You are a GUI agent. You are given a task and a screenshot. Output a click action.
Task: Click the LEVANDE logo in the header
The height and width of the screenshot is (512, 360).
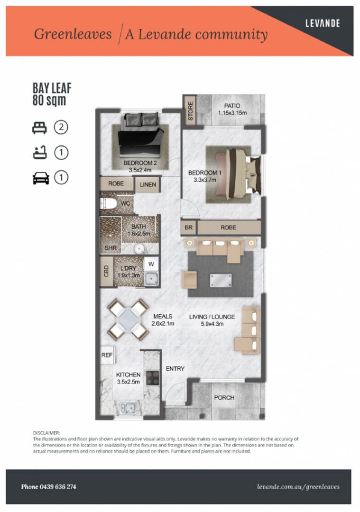323,23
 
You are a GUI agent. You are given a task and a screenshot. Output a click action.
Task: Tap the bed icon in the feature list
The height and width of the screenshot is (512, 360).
39,128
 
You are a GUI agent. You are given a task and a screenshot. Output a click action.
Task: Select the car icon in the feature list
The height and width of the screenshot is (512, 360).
41,178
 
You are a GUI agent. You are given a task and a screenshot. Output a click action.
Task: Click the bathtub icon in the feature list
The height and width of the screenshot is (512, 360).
40,153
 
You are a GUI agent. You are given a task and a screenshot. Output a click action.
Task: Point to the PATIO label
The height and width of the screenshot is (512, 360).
232,106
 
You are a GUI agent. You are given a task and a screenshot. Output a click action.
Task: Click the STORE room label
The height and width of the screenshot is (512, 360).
191,110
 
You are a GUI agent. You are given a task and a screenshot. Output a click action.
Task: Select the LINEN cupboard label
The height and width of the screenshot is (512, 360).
148,184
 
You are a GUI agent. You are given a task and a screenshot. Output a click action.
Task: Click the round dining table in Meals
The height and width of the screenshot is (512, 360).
129,320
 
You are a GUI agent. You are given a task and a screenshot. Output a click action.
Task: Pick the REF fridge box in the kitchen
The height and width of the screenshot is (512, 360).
107,355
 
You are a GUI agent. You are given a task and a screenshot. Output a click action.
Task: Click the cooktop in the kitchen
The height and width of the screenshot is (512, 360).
152,377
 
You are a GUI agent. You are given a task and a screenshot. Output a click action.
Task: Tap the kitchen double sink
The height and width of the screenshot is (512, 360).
128,408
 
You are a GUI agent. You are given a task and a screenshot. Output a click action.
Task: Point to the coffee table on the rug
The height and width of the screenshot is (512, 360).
221,281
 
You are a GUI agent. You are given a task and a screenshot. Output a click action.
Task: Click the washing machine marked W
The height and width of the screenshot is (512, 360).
151,264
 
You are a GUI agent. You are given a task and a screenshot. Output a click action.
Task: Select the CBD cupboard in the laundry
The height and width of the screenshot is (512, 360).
106,271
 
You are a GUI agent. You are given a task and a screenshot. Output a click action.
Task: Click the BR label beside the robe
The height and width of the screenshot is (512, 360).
188,228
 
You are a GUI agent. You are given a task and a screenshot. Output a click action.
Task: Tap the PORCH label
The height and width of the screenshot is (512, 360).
224,398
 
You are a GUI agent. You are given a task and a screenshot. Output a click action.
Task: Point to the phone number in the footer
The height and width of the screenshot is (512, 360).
49,486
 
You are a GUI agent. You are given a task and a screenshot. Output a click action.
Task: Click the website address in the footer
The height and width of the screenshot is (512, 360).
298,487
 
